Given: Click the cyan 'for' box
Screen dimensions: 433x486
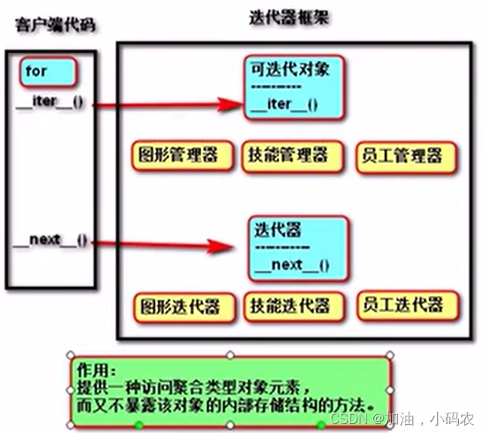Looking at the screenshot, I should click(47, 72).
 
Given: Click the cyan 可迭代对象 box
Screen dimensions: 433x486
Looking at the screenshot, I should click(294, 87).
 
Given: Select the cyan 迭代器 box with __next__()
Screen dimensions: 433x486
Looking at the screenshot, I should click(298, 246).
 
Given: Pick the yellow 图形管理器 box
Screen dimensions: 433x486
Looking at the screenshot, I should click(177, 156).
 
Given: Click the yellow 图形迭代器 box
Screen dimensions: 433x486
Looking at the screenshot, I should click(178, 306).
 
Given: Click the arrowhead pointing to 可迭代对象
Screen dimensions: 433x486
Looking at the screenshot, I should click(229, 104).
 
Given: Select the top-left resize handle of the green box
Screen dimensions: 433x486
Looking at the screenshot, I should click(68, 354).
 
